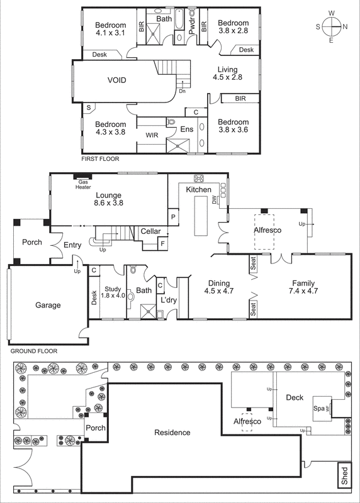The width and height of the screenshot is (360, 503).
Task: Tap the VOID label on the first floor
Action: point(118,80)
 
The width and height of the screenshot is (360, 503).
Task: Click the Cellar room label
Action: point(150,231)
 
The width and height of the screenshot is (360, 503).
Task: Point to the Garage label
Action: point(48,305)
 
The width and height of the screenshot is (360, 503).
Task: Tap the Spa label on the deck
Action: point(319,408)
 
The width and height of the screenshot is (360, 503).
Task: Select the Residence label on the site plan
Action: point(172,433)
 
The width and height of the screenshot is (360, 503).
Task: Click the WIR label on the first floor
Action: point(152,135)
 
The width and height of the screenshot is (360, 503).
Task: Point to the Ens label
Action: point(187,130)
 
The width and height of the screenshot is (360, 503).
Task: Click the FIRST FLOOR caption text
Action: point(100,160)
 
